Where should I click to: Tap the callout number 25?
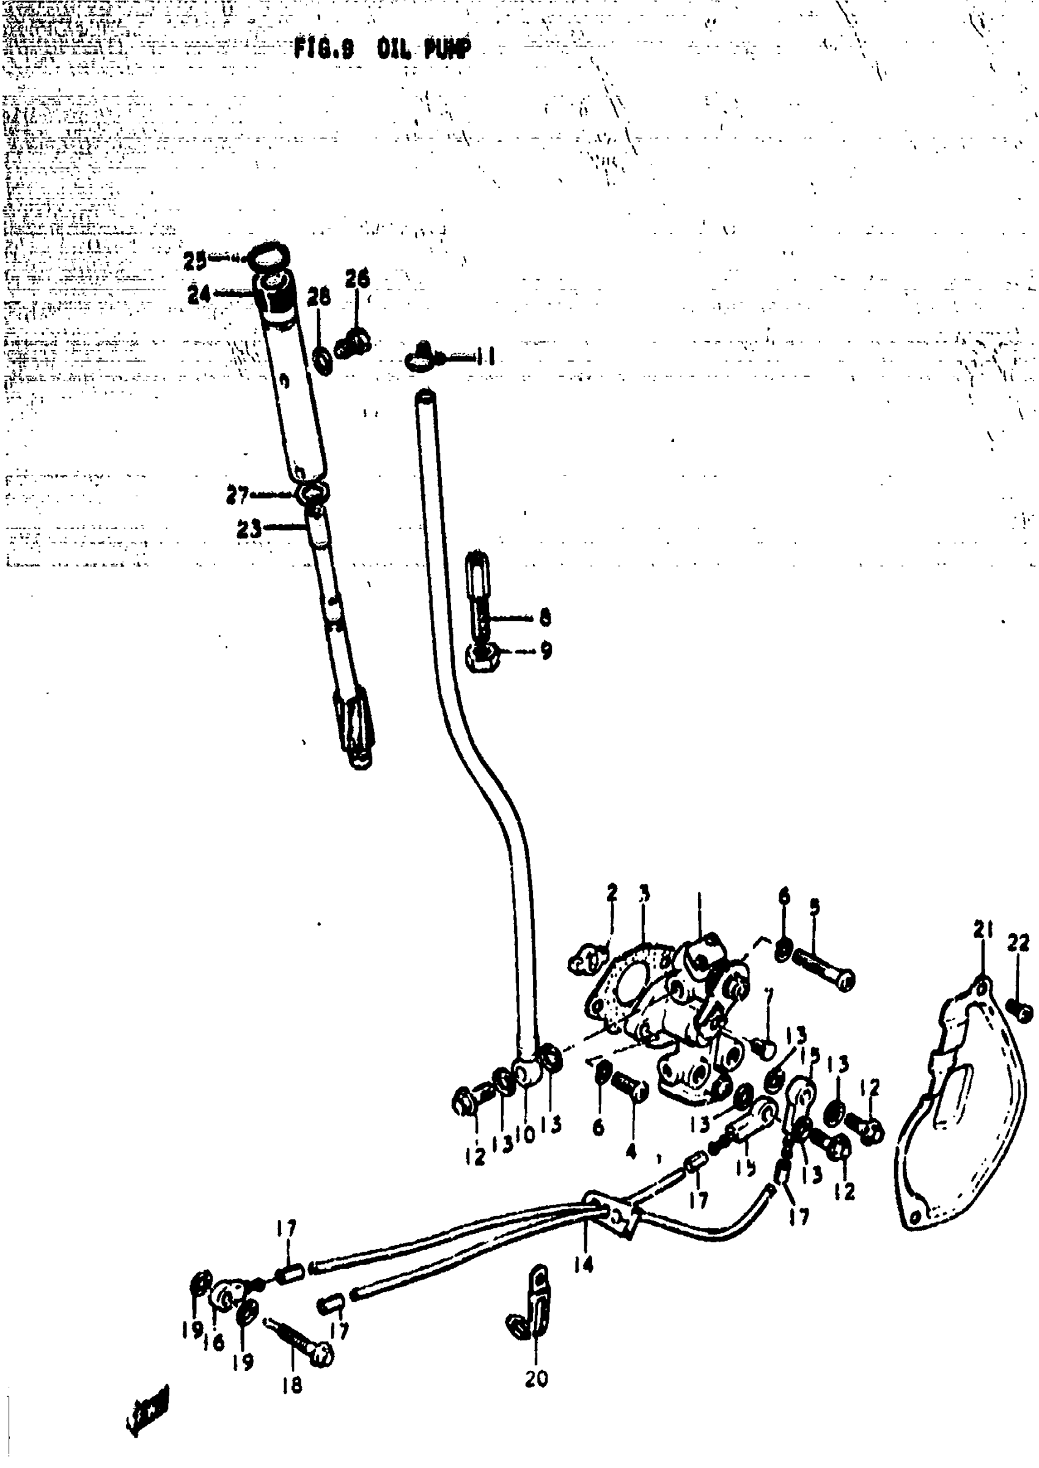click(x=194, y=260)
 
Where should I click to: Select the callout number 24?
click(x=199, y=295)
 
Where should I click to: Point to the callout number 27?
click(x=237, y=496)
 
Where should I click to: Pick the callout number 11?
click(x=487, y=356)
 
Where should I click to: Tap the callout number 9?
click(x=545, y=650)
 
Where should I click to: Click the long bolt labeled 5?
click(x=824, y=971)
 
